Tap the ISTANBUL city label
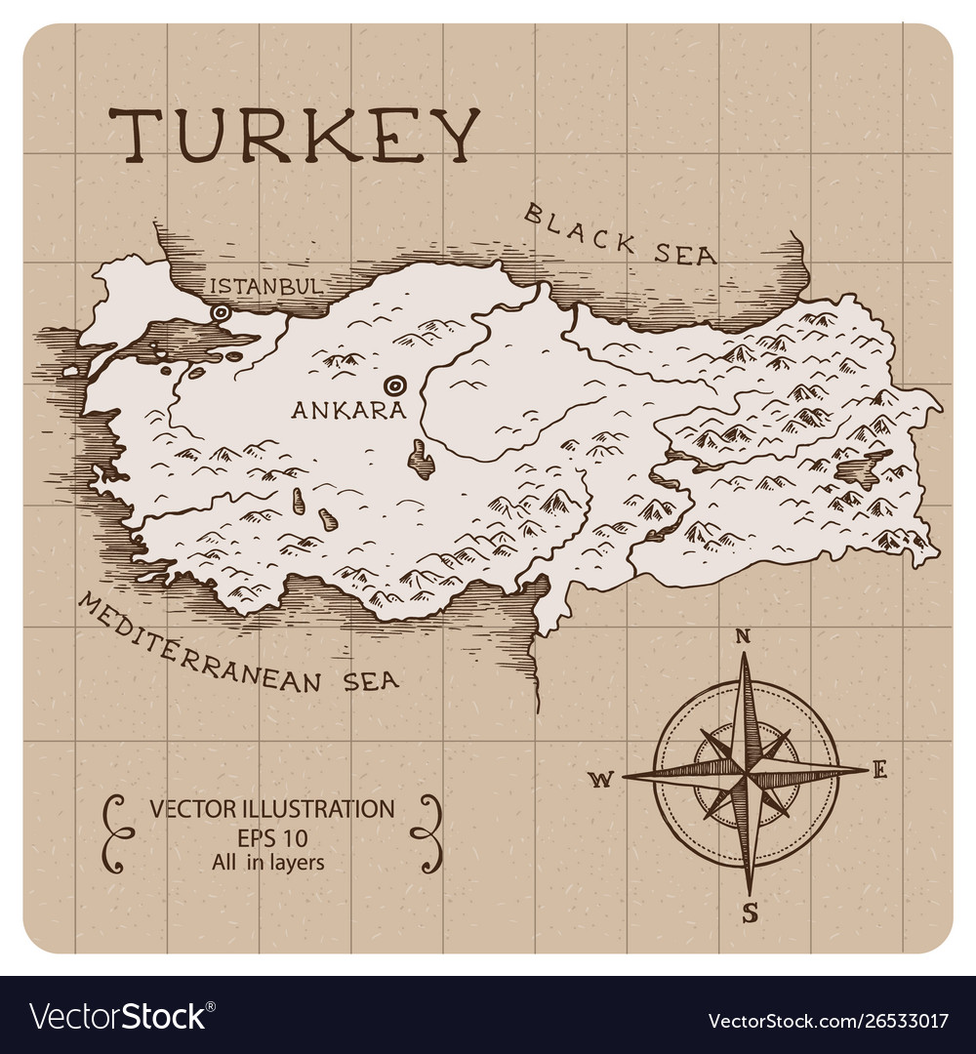(265, 286)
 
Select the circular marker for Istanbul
(222, 313)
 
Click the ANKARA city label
(348, 410)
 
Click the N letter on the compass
(742, 636)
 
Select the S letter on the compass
(750, 913)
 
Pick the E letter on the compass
(879, 771)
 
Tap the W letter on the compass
(601, 778)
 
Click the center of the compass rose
(746, 774)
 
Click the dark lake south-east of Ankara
(422, 460)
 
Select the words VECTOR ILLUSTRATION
(271, 808)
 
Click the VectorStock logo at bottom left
(118, 1019)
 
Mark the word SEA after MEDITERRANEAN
(370, 680)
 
